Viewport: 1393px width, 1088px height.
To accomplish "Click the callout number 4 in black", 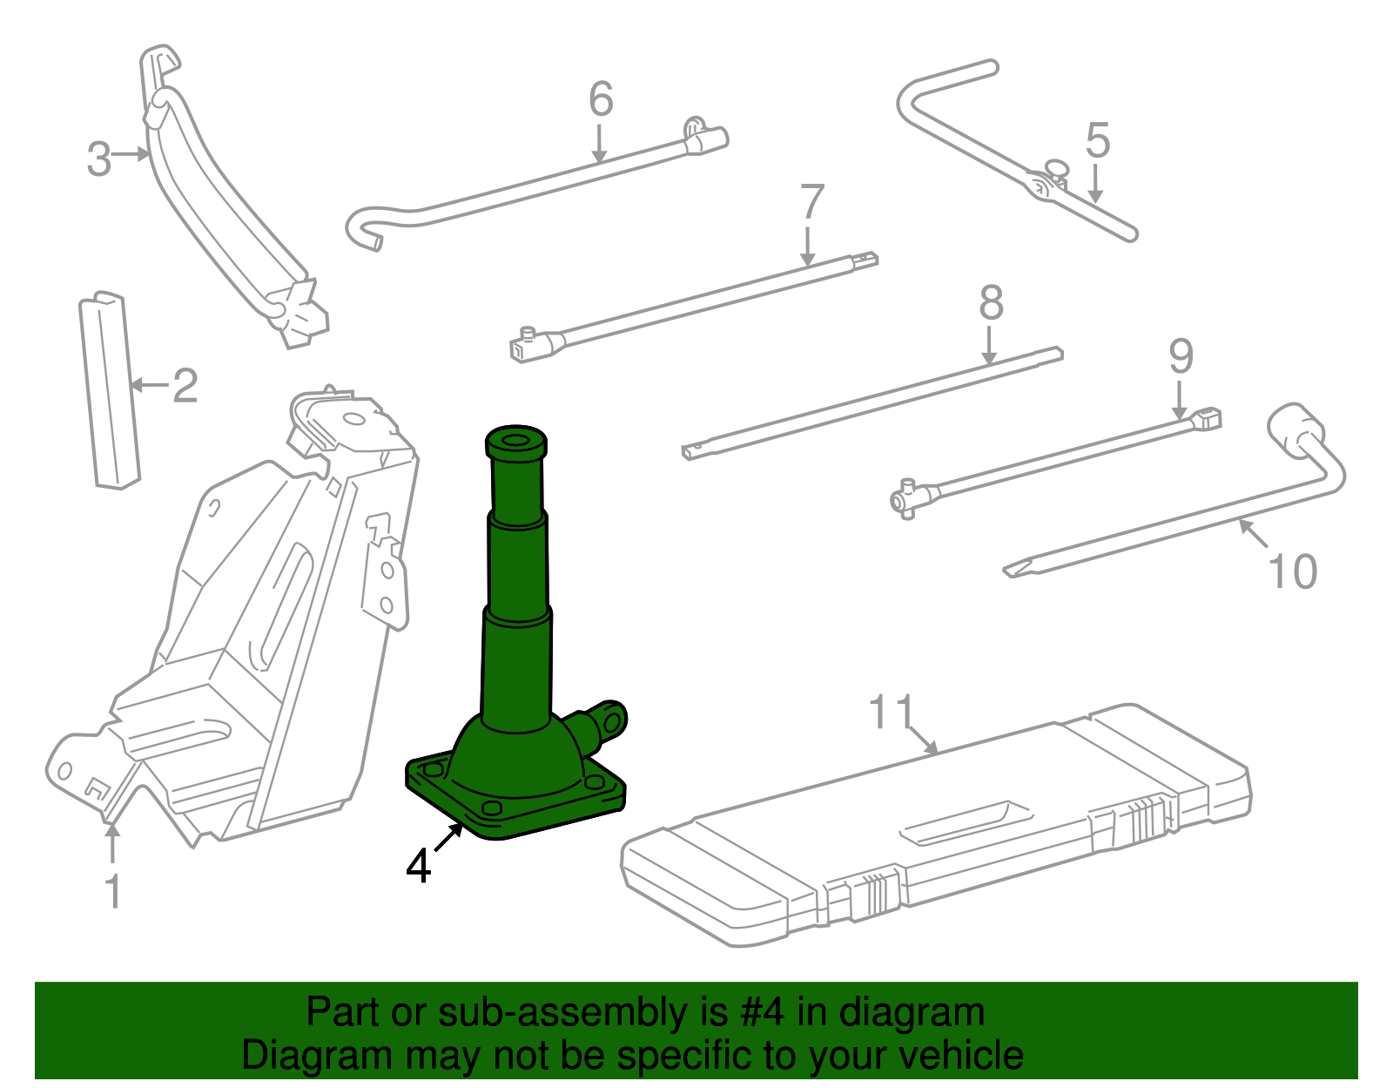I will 419,866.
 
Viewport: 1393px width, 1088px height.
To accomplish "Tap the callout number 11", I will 892,712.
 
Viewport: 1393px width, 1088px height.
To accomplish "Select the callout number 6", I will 601,99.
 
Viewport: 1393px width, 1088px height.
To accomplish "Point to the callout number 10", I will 1292,572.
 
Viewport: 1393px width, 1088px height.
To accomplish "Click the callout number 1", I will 112,891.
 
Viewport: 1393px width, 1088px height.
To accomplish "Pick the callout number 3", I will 99,159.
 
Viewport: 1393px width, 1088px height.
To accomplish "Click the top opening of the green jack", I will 515,438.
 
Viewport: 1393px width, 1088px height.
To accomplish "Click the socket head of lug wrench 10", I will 1294,427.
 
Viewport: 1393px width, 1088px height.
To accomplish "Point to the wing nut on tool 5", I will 1056,167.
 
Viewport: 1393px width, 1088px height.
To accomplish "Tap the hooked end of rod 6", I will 364,230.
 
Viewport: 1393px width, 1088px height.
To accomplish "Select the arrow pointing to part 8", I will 988,345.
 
